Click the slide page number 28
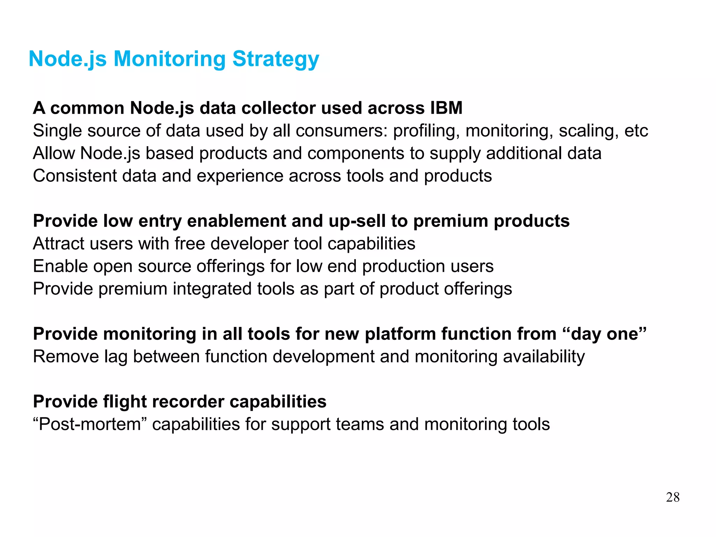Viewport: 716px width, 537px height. [673, 497]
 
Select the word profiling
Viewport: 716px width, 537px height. [426, 131]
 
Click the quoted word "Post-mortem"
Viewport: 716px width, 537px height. [89, 424]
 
